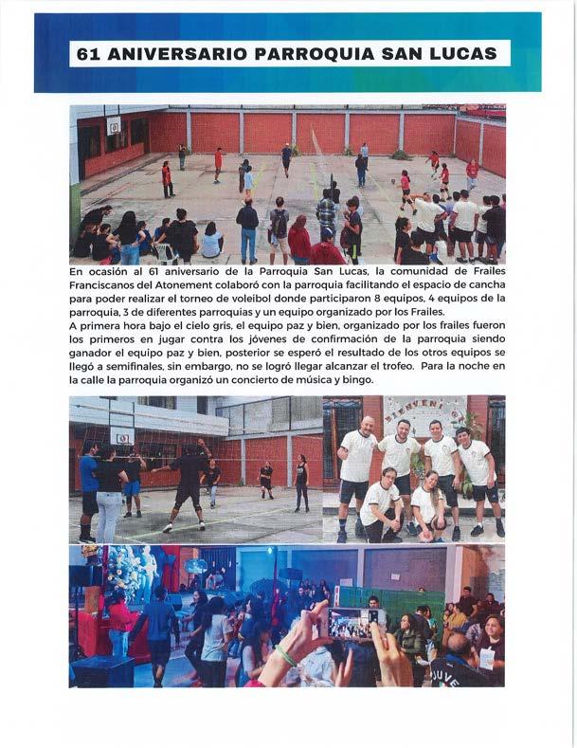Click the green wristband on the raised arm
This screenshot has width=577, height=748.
284,655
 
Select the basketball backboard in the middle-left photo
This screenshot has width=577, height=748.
121,435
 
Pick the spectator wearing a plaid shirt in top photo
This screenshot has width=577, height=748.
326,215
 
